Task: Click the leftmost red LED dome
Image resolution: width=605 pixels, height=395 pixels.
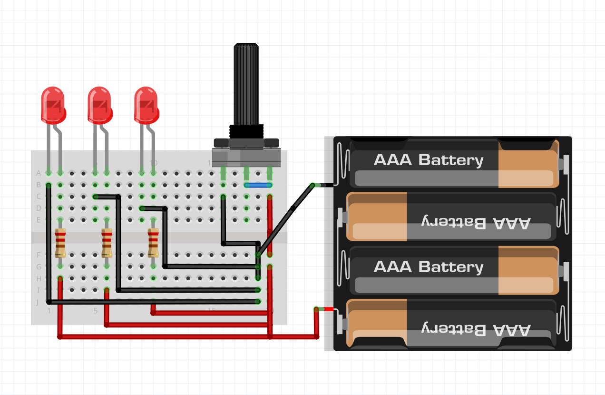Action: click(52, 103)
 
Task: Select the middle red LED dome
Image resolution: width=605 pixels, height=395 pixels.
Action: click(99, 103)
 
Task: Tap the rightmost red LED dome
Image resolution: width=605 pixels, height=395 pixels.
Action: click(146, 103)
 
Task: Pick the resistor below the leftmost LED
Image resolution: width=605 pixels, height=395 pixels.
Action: click(60, 243)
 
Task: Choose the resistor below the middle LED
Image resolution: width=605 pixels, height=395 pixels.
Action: click(107, 243)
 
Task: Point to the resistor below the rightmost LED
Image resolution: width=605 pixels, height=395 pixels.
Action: click(153, 243)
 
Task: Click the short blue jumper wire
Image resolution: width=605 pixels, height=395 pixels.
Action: click(258, 185)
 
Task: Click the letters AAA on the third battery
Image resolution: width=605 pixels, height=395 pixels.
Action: click(392, 267)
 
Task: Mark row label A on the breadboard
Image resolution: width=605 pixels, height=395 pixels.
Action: click(39, 173)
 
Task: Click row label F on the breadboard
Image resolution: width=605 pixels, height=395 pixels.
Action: click(39, 255)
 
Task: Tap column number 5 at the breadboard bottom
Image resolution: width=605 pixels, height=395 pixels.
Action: click(96, 311)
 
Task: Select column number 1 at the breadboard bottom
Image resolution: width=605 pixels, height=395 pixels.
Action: click(49, 311)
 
